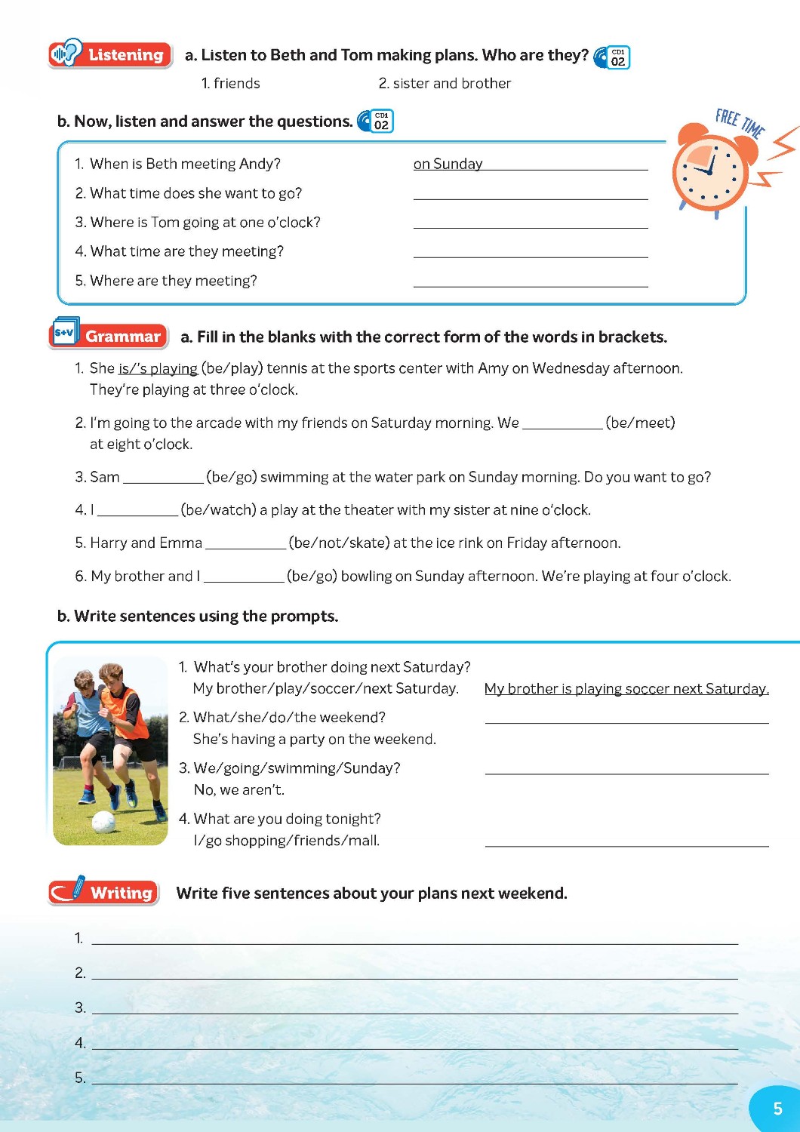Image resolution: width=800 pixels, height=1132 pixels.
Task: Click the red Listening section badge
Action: click(x=109, y=54)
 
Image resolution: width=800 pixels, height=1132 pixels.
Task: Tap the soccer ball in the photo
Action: click(x=103, y=821)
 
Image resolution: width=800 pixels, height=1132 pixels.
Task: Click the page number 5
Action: click(x=777, y=1109)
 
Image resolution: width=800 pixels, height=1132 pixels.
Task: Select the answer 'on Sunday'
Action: click(x=448, y=164)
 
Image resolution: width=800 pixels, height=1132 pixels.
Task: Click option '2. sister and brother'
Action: click(x=445, y=83)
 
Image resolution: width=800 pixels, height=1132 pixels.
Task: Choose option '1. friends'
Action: click(x=230, y=83)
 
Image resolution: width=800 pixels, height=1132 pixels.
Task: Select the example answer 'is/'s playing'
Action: click(x=158, y=368)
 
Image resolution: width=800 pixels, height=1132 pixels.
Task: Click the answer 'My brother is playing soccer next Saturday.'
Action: click(x=626, y=688)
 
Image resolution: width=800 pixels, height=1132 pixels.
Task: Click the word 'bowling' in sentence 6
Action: click(x=366, y=576)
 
